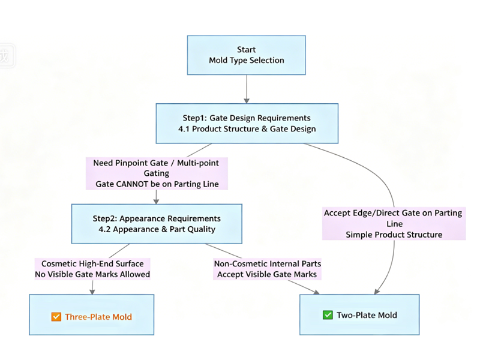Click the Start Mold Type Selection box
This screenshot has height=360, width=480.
pos(247,55)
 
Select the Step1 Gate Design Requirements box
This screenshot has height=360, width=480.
pos(247,124)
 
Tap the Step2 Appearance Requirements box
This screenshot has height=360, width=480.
pos(157,224)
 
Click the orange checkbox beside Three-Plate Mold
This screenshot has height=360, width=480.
pos(56,317)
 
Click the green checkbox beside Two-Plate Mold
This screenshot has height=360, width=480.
pos(328,314)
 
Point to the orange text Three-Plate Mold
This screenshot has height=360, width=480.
pos(98,317)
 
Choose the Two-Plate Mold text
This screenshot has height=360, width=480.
pos(367,315)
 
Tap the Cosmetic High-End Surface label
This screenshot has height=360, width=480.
pos(92,263)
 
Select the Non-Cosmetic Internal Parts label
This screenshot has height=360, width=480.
pos(268,263)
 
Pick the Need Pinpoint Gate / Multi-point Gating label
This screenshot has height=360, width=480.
pos(157,168)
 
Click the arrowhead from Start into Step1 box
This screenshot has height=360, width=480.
pos(247,101)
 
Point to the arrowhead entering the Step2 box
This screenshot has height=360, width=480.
pos(156,201)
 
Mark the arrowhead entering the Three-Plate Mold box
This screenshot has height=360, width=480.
pos(92,292)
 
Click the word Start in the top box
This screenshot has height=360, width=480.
pos(246,50)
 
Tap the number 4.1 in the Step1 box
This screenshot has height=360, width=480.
pos(184,129)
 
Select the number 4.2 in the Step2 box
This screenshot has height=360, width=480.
pos(104,229)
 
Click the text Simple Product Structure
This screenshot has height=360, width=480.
pos(394,235)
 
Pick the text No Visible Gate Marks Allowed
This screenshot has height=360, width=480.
pos(92,274)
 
